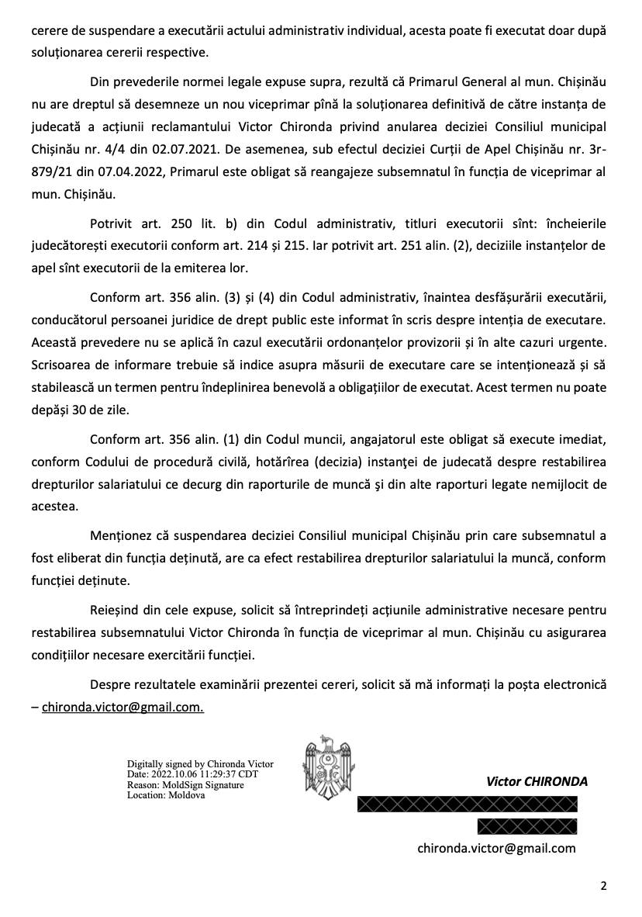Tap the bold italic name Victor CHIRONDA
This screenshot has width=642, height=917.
(537, 781)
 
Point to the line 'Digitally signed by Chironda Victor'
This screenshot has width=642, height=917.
(200, 764)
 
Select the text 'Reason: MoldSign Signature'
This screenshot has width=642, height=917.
(185, 785)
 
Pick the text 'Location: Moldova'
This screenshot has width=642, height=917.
(166, 795)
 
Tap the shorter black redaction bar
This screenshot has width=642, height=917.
(526, 825)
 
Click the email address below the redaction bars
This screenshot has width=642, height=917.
(496, 848)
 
